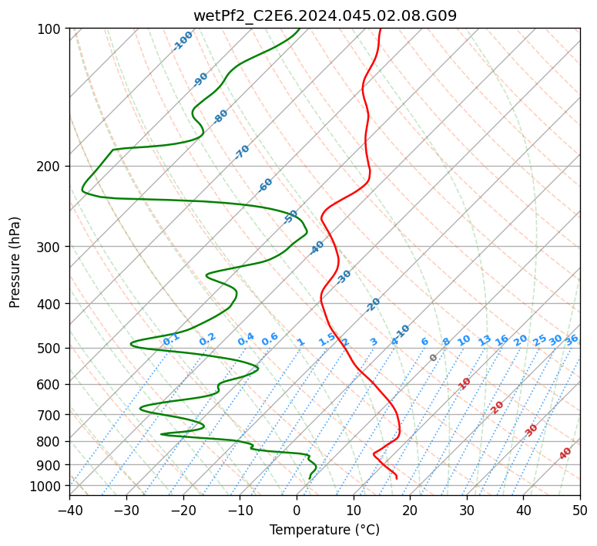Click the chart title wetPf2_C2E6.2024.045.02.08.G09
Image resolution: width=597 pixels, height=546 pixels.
point(325,15)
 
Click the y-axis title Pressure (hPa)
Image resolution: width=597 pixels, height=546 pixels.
point(14,262)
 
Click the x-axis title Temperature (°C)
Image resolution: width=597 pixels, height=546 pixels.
point(324,530)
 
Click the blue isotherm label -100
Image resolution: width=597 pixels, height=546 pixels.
point(183,41)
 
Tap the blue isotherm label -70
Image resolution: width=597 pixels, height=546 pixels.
point(242,152)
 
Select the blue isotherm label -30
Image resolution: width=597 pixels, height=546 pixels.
point(344,277)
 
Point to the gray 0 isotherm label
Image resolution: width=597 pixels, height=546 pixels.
point(433,358)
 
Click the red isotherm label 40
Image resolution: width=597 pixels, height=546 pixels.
point(565,453)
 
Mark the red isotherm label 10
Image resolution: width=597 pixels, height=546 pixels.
point(464,383)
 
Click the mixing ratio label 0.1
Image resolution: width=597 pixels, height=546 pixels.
point(171,339)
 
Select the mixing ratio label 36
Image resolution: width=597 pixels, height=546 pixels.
point(572,340)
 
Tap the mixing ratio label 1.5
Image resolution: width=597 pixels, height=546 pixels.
point(327,339)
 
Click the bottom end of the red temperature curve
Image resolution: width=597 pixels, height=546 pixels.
point(397,478)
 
